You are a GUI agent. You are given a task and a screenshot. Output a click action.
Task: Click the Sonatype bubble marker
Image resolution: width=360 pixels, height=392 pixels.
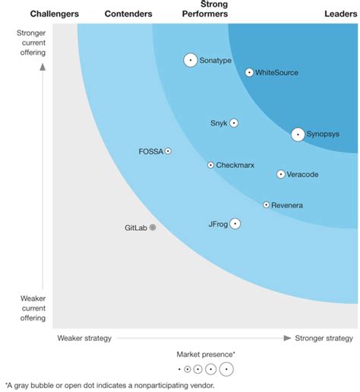point(191,60)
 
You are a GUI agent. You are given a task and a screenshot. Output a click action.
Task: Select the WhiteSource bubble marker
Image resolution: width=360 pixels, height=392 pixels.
point(249,72)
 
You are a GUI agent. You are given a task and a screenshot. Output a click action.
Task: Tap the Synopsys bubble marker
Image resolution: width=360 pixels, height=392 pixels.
point(298,134)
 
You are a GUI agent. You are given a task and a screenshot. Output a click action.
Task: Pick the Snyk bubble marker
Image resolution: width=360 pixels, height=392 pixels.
point(234,123)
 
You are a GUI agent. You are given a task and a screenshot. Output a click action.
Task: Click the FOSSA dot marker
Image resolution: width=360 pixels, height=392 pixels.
point(168,151)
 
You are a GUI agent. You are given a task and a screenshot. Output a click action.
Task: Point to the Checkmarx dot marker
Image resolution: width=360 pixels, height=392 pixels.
point(210,165)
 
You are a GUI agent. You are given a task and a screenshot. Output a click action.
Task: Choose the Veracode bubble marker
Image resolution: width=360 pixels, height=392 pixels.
point(281,174)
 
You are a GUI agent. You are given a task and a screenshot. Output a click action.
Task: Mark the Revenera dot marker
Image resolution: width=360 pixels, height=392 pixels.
point(266,204)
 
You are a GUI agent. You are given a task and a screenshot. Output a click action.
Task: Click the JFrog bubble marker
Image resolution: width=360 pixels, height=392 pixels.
point(235,223)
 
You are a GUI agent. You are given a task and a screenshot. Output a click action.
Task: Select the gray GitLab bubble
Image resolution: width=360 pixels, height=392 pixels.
point(153,227)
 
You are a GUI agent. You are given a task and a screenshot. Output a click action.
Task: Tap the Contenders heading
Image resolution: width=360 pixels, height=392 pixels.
point(128,14)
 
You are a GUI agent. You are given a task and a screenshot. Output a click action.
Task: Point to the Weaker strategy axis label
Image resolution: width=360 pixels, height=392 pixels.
point(84,337)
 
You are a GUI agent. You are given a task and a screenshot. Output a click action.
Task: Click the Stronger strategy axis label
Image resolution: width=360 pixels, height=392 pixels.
point(324,337)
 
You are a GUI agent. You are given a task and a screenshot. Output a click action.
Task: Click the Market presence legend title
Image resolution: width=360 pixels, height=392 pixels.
point(206,354)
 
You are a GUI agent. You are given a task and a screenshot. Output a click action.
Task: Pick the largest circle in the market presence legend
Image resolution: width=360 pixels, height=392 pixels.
point(226,370)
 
